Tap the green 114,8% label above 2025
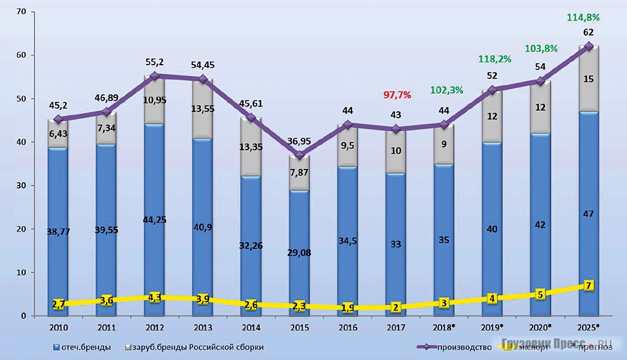tap(587, 18)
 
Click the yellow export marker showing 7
tap(590, 286)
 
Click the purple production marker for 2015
tap(299, 156)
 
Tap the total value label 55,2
tap(155, 61)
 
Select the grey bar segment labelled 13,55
tap(202, 108)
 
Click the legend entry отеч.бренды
tap(84, 348)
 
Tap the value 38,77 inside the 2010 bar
tap(58, 231)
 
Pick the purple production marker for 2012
tap(155, 76)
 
